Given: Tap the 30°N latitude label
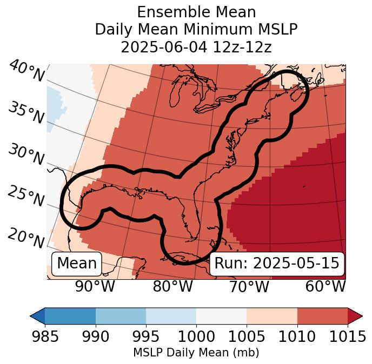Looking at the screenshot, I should pos(26,155).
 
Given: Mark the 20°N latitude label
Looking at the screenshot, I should pos(26,238).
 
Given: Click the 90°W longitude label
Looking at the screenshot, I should pos(95,287).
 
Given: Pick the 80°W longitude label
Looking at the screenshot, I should pos(172,287).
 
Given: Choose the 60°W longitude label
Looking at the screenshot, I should pos(325,287).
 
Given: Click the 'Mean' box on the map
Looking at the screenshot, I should pos(77,264).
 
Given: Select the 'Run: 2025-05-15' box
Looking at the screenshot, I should pos(276,264).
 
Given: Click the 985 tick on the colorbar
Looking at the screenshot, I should pos(45,336).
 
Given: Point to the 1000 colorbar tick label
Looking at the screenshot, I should pos(196,336).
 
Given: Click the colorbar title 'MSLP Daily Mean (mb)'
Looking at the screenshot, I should pos(196,353).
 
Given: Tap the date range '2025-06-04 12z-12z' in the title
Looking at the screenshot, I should pos(196,47).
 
